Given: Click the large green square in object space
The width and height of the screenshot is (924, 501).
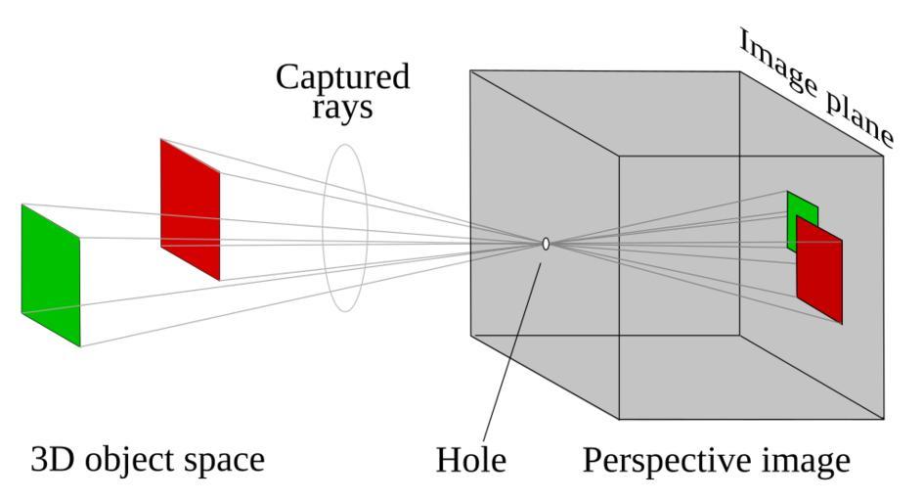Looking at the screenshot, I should (x=50, y=275).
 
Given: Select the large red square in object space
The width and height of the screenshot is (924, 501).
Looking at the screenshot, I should (x=190, y=209).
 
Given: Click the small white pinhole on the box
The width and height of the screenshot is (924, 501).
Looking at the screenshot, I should (x=546, y=244).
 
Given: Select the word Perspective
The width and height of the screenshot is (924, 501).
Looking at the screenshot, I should (x=665, y=460).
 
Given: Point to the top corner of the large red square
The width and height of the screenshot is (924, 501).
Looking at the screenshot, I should (x=161, y=139).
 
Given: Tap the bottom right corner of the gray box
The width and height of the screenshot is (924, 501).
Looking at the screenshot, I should (x=886, y=419).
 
